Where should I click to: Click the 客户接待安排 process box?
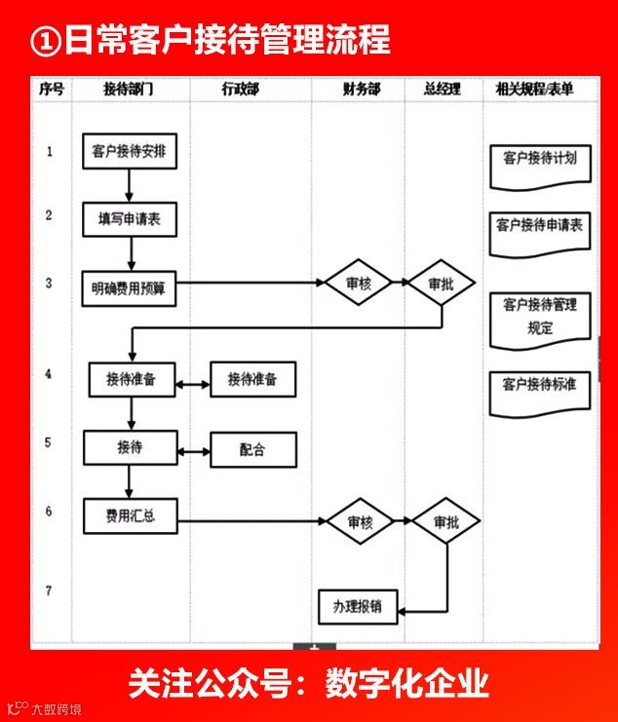(129, 152)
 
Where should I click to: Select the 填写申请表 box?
(130, 218)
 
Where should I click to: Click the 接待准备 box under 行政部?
(252, 380)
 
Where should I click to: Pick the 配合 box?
(252, 449)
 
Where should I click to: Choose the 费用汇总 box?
(131, 516)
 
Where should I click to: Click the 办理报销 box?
(357, 607)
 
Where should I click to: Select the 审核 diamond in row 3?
(360, 284)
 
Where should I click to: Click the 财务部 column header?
(361, 89)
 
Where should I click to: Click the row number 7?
(49, 590)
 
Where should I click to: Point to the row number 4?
(49, 373)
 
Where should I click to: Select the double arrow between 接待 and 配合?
(194, 450)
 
